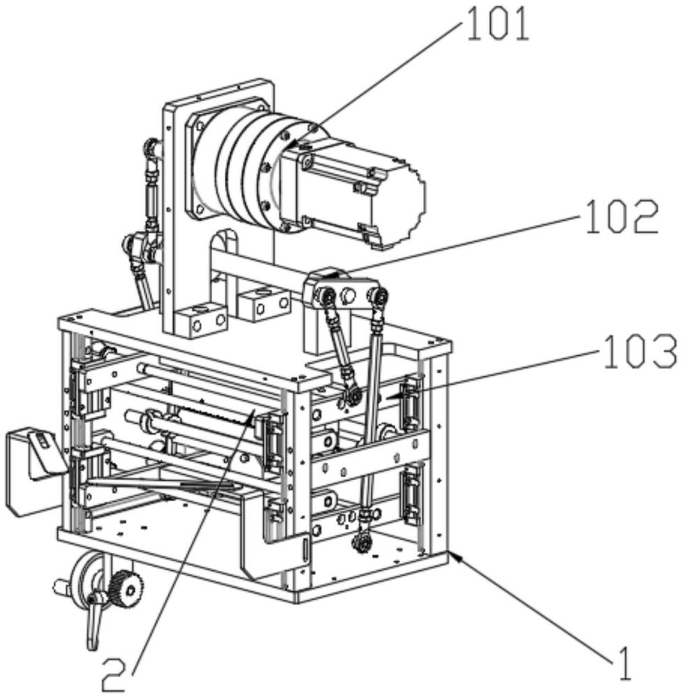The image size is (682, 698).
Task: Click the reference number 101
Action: (498, 26)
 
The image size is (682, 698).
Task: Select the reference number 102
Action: (622, 217)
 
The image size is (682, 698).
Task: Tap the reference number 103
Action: (640, 352)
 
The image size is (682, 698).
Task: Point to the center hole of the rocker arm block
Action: (348, 295)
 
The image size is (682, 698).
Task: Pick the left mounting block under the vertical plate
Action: (201, 319)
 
